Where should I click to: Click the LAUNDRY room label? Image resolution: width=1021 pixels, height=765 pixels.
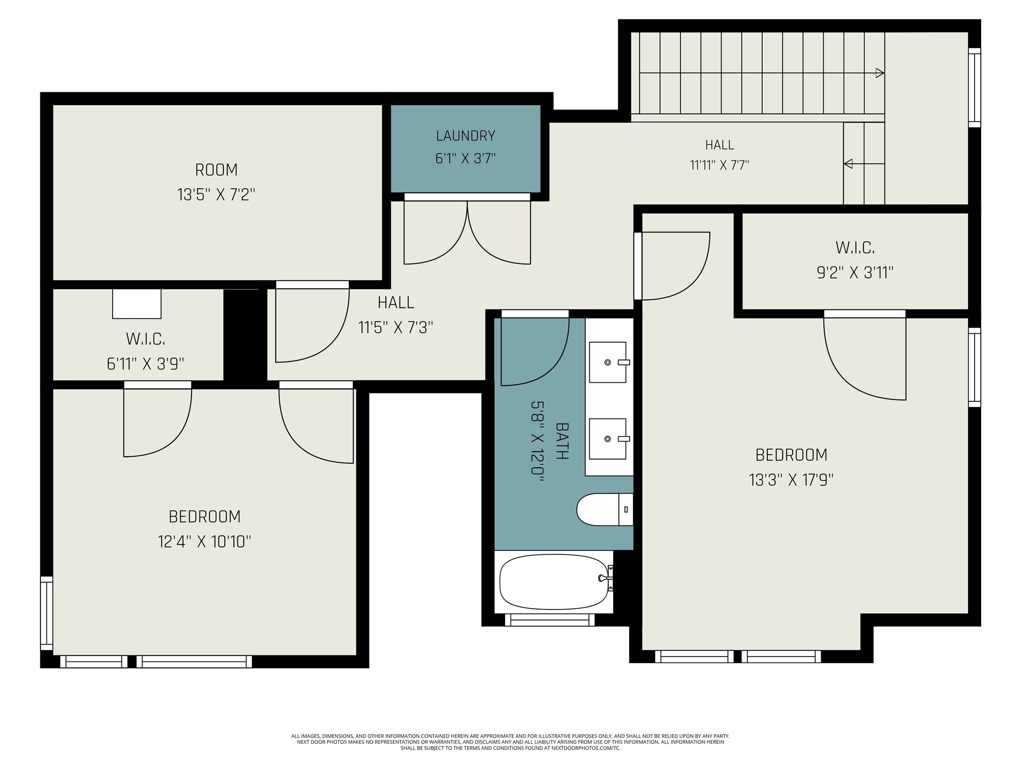click(465, 135)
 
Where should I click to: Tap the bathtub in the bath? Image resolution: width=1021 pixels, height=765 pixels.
click(553, 582)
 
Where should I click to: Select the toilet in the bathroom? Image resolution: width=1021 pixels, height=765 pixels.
click(605, 510)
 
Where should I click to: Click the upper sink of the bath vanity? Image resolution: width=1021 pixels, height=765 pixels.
click(608, 362)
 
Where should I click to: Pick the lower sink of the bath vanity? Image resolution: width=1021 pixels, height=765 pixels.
click(608, 439)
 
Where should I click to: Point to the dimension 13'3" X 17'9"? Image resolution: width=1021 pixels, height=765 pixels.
click(791, 480)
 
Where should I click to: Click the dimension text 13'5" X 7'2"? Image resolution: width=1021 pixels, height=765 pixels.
click(216, 194)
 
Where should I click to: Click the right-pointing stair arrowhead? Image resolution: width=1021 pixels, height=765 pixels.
click(880, 73)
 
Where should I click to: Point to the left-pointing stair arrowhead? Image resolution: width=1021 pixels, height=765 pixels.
click(848, 163)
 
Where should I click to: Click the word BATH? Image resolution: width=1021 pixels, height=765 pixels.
click(562, 441)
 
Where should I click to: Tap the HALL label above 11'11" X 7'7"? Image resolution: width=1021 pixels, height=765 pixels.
click(719, 145)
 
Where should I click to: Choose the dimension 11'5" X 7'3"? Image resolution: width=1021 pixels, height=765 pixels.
click(395, 327)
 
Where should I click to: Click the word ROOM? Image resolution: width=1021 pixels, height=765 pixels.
click(216, 170)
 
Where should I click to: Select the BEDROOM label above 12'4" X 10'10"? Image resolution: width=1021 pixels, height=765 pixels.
click(204, 516)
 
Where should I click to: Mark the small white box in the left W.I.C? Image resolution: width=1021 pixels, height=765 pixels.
click(137, 303)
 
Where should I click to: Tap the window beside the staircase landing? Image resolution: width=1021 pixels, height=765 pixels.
click(974, 88)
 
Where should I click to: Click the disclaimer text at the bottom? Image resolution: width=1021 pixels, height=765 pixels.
click(510, 742)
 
